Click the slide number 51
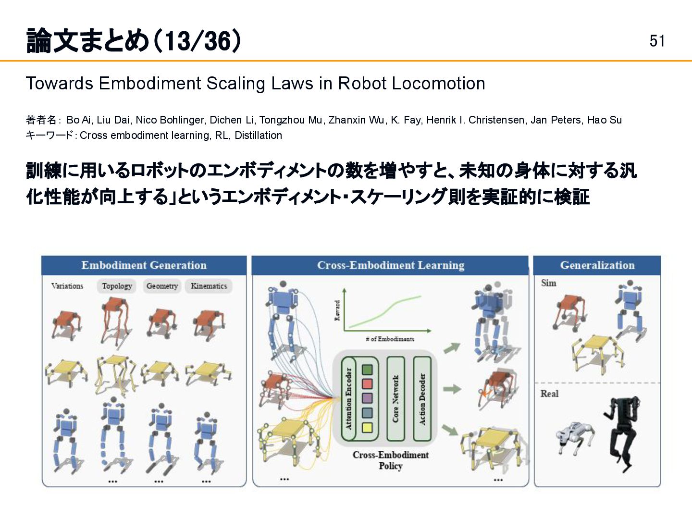click(x=657, y=41)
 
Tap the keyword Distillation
click(x=258, y=136)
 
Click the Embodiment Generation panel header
click(x=144, y=265)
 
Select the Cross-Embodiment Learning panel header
click(x=390, y=265)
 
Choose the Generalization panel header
click(x=597, y=265)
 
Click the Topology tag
click(x=117, y=286)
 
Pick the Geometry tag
click(x=162, y=286)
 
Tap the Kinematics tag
click(x=209, y=286)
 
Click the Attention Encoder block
click(x=348, y=399)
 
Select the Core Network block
click(x=395, y=399)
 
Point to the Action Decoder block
click(x=422, y=399)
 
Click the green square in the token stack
click(x=367, y=370)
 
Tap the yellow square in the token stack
click(x=367, y=427)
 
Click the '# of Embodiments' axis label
click(x=390, y=339)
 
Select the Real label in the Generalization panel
click(x=549, y=394)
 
